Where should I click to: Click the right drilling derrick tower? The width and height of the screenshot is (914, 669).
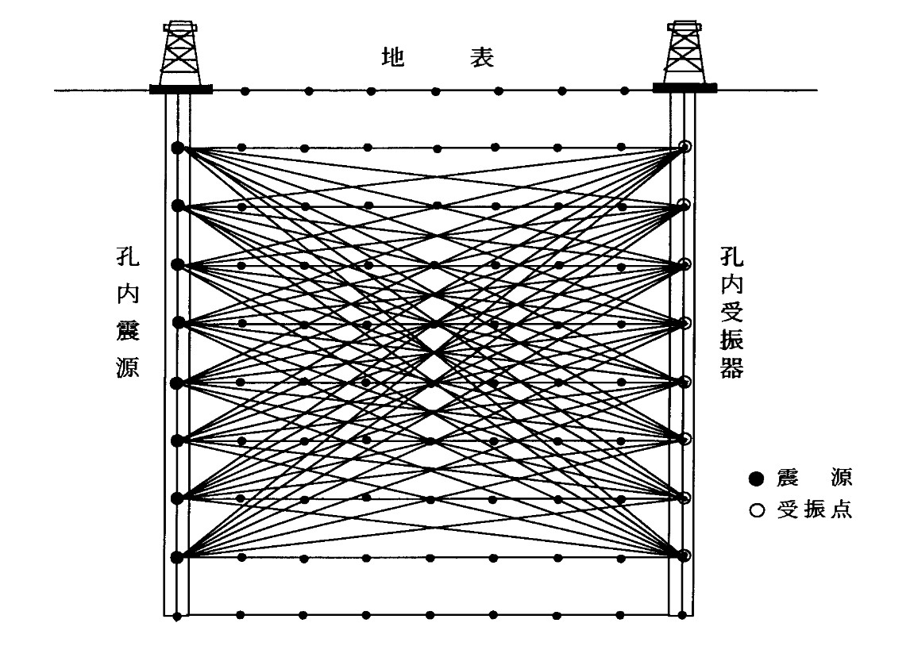pyautogui.click(x=684, y=52)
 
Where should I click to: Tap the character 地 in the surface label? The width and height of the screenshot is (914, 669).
pyautogui.click(x=393, y=58)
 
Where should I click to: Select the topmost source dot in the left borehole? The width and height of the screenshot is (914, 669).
pyautogui.click(x=177, y=148)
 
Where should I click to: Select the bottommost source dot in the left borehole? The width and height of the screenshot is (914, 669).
pyautogui.click(x=177, y=557)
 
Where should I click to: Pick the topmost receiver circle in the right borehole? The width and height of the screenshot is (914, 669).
pyautogui.click(x=685, y=147)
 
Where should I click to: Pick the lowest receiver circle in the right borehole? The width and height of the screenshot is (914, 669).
pyautogui.click(x=685, y=555)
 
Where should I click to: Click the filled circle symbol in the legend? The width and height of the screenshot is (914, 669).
pyautogui.click(x=756, y=478)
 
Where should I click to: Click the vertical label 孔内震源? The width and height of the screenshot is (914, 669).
pyautogui.click(x=128, y=313)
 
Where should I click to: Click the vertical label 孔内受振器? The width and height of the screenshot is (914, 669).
pyautogui.click(x=731, y=313)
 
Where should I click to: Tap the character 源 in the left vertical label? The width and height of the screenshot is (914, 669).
pyautogui.click(x=128, y=367)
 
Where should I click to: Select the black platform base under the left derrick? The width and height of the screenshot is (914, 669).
pyautogui.click(x=180, y=89)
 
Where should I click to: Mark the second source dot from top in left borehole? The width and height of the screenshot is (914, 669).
pyautogui.click(x=177, y=206)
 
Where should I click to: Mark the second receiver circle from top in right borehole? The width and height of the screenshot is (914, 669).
pyautogui.click(x=685, y=206)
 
